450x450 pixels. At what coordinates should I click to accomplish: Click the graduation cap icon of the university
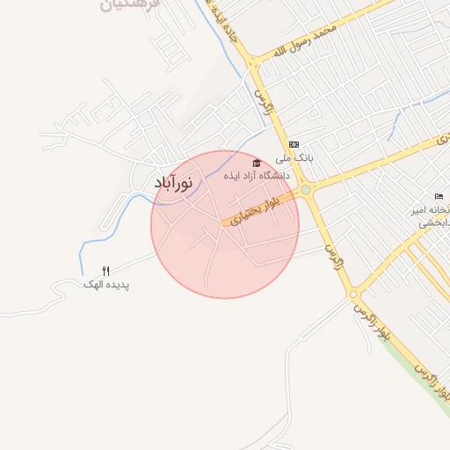(x=257, y=163)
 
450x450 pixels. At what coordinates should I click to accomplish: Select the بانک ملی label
(x=294, y=159)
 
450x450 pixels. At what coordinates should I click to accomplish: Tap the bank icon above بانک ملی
(x=294, y=145)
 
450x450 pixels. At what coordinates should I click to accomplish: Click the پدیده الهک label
(x=106, y=284)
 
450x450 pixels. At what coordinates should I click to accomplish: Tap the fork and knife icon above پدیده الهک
(x=106, y=271)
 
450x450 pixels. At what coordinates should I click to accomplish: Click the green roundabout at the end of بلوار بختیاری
(x=305, y=189)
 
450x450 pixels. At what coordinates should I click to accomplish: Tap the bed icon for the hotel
(x=439, y=195)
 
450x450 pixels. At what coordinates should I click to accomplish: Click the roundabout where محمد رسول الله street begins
(x=253, y=62)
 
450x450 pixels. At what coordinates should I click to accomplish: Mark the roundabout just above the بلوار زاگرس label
(x=352, y=294)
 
